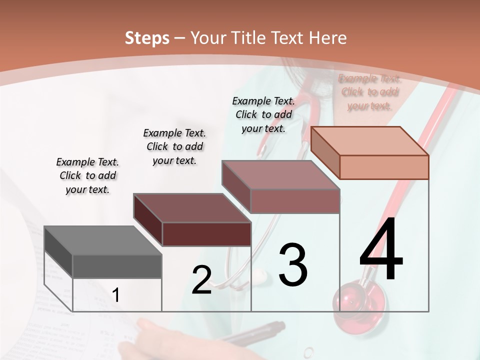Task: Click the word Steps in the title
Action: point(147,38)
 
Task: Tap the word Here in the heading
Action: point(328,38)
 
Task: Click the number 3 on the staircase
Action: point(293,265)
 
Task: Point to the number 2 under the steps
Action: point(202,280)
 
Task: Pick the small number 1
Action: point(116,295)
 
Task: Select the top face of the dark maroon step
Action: point(191,208)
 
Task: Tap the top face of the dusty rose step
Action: point(280,175)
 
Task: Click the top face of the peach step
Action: point(369,141)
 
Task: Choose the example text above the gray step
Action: point(87,175)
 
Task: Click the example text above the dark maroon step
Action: point(174,146)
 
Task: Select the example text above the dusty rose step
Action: point(263,114)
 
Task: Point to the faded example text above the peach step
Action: point(369,92)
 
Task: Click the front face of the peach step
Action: point(384,167)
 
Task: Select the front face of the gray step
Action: point(117,266)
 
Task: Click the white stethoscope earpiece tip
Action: point(259,273)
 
